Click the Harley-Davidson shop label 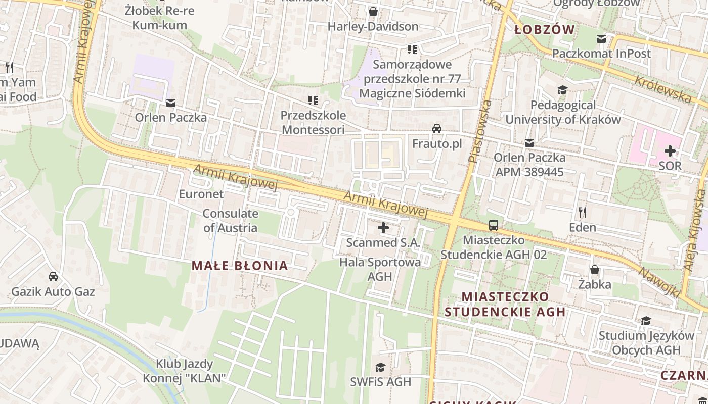click(373, 26)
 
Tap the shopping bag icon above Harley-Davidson click(373, 11)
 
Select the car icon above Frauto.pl click(437, 129)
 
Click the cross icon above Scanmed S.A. click(383, 228)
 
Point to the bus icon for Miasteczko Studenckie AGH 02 click(494, 225)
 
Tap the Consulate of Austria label click(230, 220)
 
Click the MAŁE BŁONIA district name click(240, 266)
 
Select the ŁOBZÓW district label click(545, 29)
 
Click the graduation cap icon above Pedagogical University click(562, 90)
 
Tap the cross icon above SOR click(670, 150)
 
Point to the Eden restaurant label click(583, 227)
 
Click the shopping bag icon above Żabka click(595, 270)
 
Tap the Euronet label click(201, 194)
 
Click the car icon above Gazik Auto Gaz click(53, 276)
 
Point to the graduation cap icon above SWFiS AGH click(380, 367)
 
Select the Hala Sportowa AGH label click(380, 269)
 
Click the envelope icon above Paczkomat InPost click(601, 39)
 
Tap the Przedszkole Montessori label click(313, 122)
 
